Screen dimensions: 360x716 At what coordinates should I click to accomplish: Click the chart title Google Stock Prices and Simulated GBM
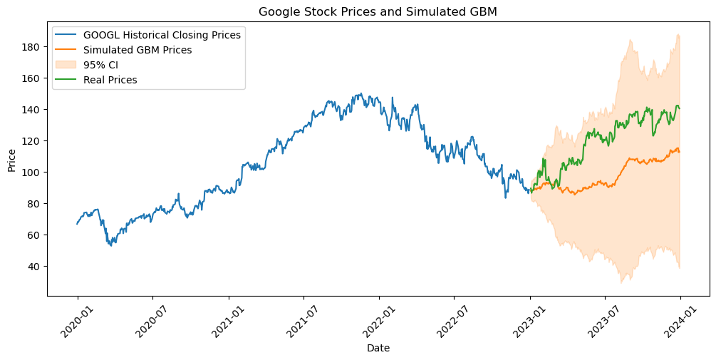coord(378,11)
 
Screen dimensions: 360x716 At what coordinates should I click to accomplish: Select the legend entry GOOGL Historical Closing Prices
coord(162,34)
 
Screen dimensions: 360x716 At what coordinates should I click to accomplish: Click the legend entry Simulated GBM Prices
coord(138,50)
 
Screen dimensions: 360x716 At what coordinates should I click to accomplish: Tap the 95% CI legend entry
coord(100,65)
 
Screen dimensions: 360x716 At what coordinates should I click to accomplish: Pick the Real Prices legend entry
coord(110,80)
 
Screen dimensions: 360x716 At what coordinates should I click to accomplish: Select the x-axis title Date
coord(378,348)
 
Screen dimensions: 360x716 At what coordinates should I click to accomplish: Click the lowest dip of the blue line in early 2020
coord(110,246)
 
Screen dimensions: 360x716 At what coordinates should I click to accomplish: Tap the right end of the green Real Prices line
coord(680,108)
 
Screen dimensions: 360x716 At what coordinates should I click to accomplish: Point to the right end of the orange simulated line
coord(680,152)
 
